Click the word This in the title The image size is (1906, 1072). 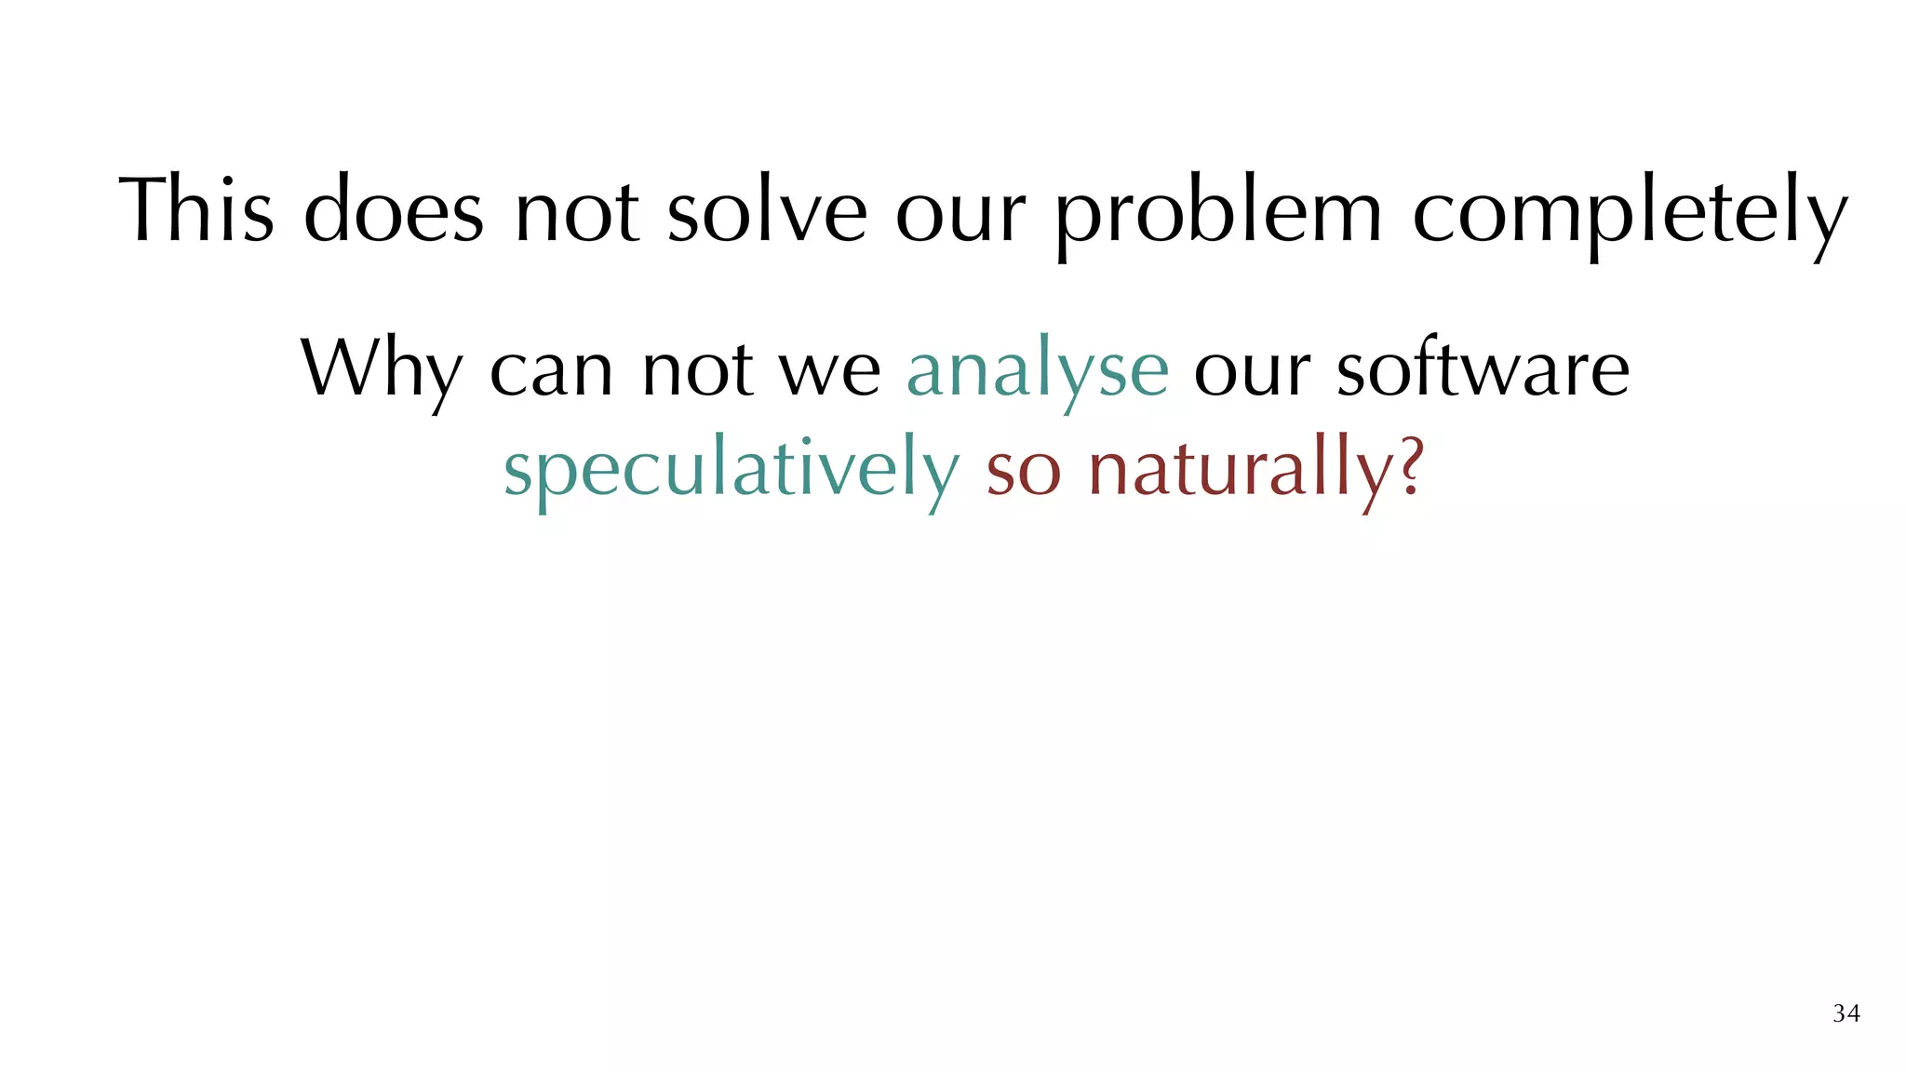(x=196, y=210)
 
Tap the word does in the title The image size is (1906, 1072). (x=393, y=210)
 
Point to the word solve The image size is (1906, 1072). (x=768, y=210)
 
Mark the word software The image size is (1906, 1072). (x=1483, y=367)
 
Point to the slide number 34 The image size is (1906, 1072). (x=1846, y=1013)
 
